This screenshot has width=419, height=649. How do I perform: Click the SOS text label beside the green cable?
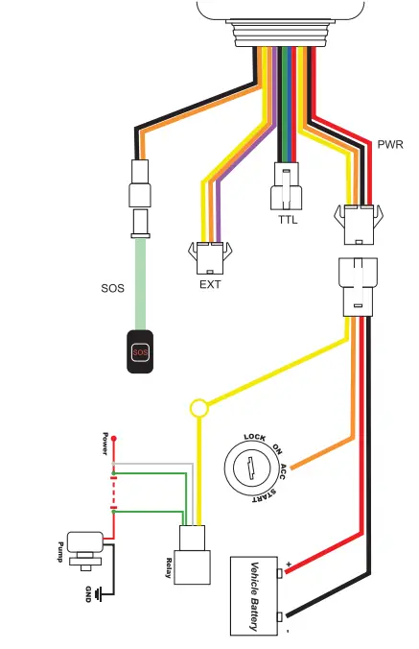point(112,287)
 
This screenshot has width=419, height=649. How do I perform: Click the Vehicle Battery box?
point(256,595)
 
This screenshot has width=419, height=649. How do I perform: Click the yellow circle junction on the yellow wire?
point(199,409)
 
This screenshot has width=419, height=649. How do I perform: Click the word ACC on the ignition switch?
point(288,470)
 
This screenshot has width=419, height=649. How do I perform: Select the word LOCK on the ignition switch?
point(254,438)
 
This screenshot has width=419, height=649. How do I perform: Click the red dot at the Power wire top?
point(113,439)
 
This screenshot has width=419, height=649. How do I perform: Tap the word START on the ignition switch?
point(268,495)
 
